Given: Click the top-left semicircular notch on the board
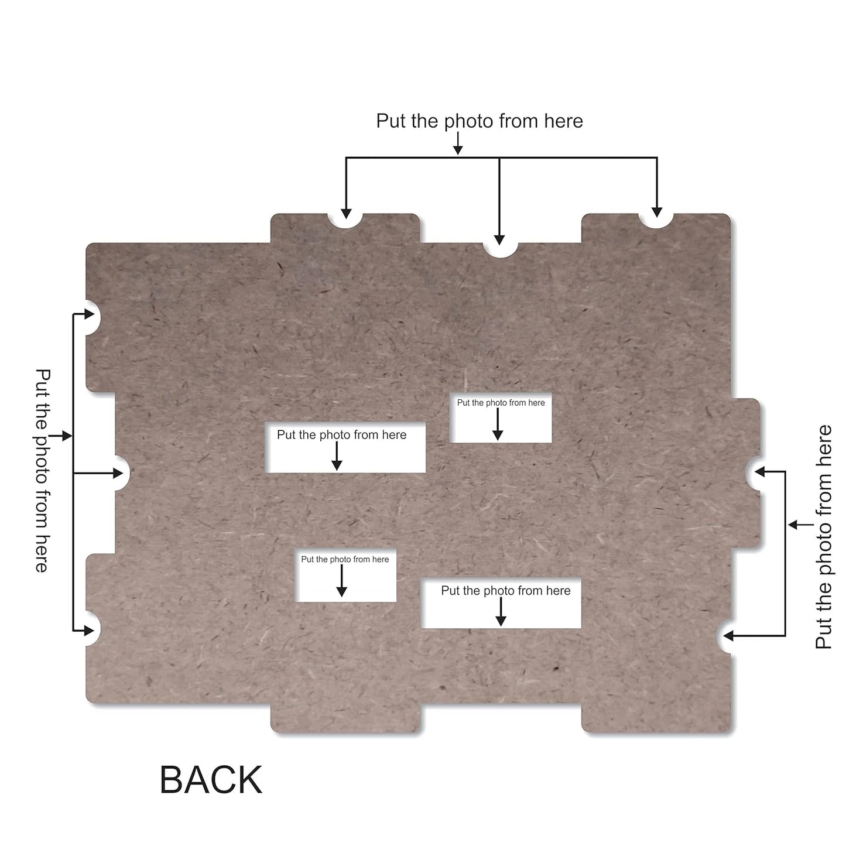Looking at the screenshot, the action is point(345,221).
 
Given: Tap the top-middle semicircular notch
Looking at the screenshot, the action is point(500,249).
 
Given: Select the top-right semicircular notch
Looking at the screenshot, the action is point(656,221).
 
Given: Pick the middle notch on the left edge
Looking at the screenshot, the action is point(122,473).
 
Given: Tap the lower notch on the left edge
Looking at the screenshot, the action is point(93,628).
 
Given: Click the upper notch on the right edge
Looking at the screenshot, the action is point(753,473).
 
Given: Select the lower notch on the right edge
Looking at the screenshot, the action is point(724,636).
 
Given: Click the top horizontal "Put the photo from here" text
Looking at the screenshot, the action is point(479,121).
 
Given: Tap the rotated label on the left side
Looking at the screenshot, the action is point(42,471).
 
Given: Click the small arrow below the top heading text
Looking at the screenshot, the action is point(458,143).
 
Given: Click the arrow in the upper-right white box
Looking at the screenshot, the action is point(498,424).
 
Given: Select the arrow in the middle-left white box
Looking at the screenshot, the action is point(337,456).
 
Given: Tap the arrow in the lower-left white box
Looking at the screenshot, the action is point(341,581).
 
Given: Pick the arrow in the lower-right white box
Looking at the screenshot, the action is point(501,612).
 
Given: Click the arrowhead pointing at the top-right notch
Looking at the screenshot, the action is point(657,212).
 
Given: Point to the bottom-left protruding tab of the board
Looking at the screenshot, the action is point(345,718).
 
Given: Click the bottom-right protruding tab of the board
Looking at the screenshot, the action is point(656,718).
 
